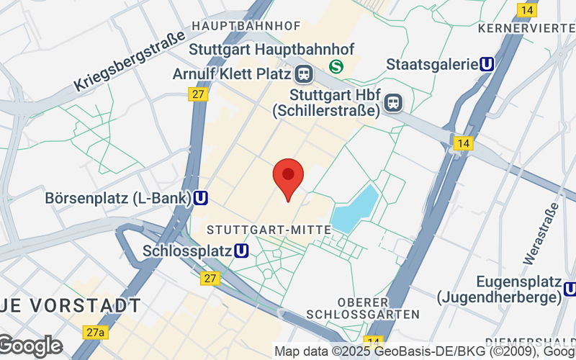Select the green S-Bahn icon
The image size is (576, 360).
[x=336, y=66]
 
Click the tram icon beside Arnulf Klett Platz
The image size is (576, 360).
[x=303, y=74]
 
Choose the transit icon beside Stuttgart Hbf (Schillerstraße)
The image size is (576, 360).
[x=393, y=103]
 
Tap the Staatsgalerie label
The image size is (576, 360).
[x=432, y=64]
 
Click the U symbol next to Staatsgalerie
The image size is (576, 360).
[x=487, y=64]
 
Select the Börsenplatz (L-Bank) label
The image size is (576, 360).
[x=118, y=197]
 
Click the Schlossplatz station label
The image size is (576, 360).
[x=187, y=251]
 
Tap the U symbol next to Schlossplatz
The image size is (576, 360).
[x=242, y=251]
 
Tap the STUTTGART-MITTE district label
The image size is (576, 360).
[x=269, y=229]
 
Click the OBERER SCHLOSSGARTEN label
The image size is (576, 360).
[x=362, y=307]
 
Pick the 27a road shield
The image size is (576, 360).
[x=94, y=332]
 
